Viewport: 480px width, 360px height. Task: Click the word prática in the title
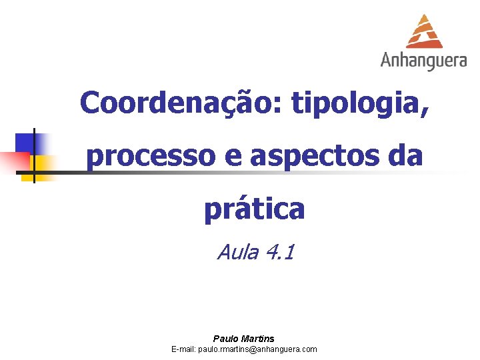[x=254, y=209]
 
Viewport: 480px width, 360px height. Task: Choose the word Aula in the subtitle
[x=237, y=253]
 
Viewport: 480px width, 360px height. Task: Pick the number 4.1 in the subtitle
[x=279, y=253]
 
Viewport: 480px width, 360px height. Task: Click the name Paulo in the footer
[x=225, y=339]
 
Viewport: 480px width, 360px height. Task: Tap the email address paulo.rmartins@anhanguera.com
[x=257, y=349]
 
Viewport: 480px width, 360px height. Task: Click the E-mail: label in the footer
[x=183, y=349]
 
